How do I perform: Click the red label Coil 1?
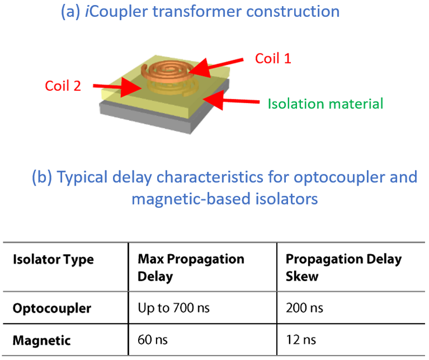tap(273, 58)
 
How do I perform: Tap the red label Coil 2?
tap(63, 86)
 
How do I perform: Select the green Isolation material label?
tap(325, 104)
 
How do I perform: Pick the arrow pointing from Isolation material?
tap(231, 101)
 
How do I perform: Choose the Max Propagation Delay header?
tap(191, 267)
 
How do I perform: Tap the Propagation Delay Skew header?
tap(343, 267)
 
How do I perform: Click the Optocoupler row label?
tap(52, 308)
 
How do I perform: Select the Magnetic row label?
tap(42, 340)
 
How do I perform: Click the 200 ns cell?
tap(304, 308)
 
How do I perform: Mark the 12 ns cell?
tap(301, 340)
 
